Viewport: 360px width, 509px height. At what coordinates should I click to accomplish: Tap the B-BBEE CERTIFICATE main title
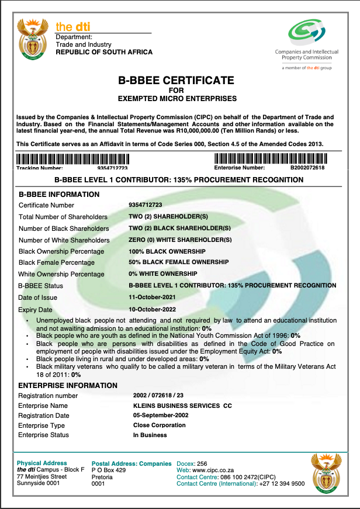point(176,81)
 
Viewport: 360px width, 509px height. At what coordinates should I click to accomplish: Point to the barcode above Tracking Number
point(73,158)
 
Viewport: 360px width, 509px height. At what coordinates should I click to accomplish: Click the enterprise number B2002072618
point(307,168)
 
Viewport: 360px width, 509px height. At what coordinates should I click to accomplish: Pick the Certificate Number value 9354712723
point(145,205)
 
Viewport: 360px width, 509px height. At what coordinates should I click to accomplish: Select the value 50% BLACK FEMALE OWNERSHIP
point(178,262)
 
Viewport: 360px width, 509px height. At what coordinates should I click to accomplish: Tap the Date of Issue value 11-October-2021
point(153,297)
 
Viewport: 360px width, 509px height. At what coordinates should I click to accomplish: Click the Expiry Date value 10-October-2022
point(153,309)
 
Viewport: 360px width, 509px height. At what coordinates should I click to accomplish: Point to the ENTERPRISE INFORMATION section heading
point(68,386)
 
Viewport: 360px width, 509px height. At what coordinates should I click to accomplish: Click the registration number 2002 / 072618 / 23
point(159,396)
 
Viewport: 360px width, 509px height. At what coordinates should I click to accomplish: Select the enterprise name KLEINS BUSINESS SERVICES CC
point(182,406)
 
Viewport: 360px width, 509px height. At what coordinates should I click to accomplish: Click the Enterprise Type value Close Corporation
point(159,425)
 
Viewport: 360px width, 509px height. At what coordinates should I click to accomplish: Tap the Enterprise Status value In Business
point(150,435)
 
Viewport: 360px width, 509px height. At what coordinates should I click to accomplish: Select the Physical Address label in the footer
point(42,463)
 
